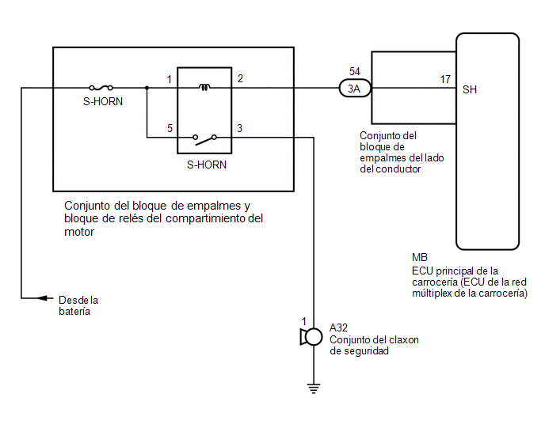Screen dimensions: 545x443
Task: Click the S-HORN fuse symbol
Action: pyautogui.click(x=101, y=88)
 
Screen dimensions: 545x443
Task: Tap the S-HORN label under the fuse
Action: pyautogui.click(x=103, y=102)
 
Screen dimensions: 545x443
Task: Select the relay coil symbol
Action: pyautogui.click(x=204, y=87)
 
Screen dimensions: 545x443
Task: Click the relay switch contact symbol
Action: pyautogui.click(x=204, y=139)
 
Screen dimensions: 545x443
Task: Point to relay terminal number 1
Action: pyautogui.click(x=170, y=80)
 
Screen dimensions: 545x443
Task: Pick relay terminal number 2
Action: pyautogui.click(x=240, y=79)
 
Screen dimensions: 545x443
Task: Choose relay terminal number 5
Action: pyautogui.click(x=170, y=128)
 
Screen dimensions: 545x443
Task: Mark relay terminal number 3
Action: pyautogui.click(x=239, y=128)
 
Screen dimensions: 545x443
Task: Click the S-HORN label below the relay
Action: pyautogui.click(x=207, y=165)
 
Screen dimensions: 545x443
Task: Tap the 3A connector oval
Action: pyautogui.click(x=355, y=89)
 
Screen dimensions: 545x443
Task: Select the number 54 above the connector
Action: pyautogui.click(x=355, y=71)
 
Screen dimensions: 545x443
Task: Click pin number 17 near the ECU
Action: pyautogui.click(x=445, y=80)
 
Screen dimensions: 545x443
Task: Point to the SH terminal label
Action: pyautogui.click(x=470, y=90)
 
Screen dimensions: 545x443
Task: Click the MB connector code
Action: pyautogui.click(x=420, y=258)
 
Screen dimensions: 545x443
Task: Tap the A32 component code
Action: pyautogui.click(x=338, y=328)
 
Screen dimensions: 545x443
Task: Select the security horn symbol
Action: pyautogui.click(x=312, y=337)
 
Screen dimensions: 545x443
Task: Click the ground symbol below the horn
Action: pyautogui.click(x=314, y=388)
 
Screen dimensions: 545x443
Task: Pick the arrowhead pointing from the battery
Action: pyautogui.click(x=43, y=298)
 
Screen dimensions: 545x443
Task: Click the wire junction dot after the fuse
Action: pyautogui.click(x=147, y=88)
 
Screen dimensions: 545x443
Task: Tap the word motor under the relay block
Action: pyautogui.click(x=79, y=232)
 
